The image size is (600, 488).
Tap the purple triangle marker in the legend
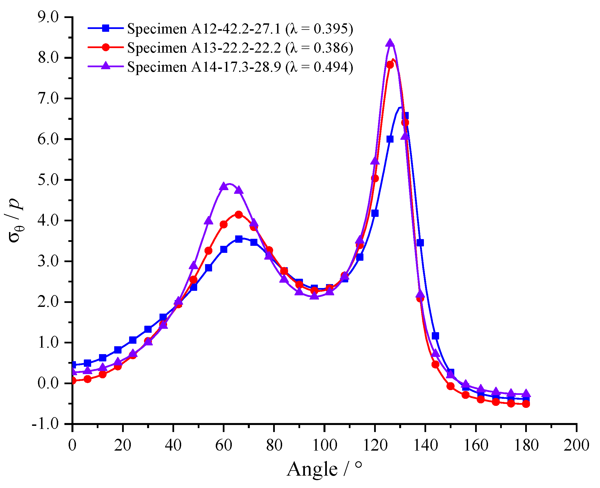click(106, 66)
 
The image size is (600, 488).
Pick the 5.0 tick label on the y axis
click(48, 180)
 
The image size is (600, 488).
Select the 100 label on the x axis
click(324, 446)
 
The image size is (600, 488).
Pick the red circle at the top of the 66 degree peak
click(239, 215)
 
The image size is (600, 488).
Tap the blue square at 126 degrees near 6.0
click(390, 139)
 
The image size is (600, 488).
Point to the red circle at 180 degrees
click(526, 404)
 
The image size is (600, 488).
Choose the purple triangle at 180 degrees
click(526, 393)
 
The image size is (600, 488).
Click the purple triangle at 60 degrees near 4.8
click(224, 186)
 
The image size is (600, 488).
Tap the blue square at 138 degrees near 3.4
click(420, 243)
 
